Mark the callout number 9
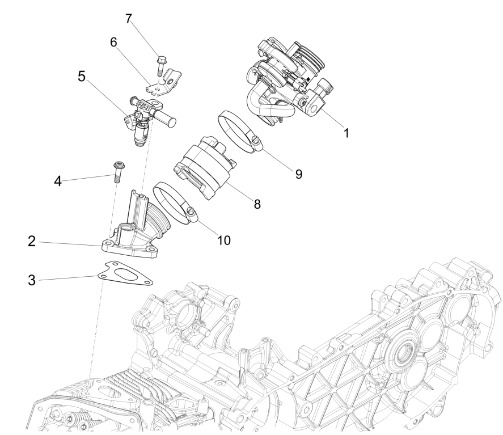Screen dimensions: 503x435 [297, 173]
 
